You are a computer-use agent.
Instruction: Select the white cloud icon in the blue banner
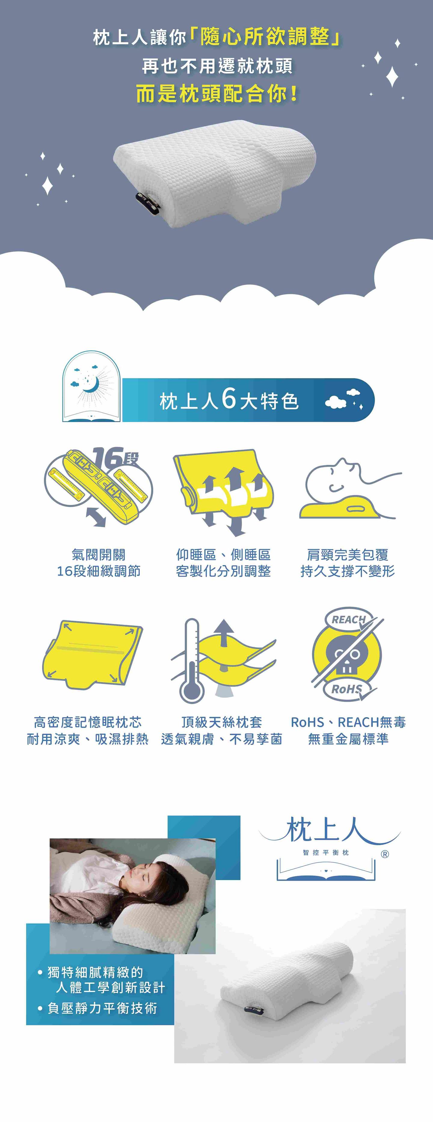[x=336, y=402]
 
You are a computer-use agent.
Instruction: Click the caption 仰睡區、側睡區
[x=223, y=555]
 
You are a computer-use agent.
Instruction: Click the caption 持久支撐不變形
[x=348, y=571]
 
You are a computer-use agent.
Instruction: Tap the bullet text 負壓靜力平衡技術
[x=102, y=1008]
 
